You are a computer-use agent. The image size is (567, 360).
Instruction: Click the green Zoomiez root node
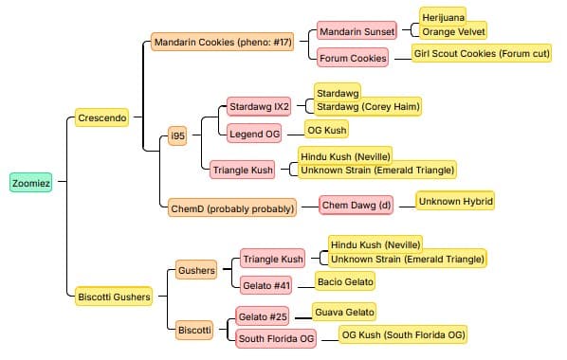tap(30, 183)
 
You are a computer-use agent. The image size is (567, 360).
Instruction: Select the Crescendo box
tap(102, 117)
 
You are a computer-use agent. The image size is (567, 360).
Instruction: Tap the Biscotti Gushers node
tap(114, 297)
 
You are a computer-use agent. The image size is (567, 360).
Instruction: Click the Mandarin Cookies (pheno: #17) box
tap(223, 42)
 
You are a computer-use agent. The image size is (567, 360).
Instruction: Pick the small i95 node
tap(177, 135)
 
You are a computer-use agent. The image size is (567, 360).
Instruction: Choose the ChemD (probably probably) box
tap(232, 207)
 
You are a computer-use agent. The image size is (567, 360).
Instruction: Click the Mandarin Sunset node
tap(357, 31)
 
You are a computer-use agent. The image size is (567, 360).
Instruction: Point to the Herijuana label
tap(443, 16)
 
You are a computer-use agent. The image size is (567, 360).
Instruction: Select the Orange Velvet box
tap(453, 31)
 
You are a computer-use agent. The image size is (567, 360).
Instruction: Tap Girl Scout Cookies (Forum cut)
tap(482, 53)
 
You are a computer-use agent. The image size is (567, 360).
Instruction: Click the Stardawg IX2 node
tap(259, 107)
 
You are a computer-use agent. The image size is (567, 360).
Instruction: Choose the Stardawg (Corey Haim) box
tap(368, 107)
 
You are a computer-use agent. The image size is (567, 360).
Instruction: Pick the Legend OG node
tap(254, 134)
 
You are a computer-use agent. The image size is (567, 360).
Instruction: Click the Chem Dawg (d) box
tap(357, 205)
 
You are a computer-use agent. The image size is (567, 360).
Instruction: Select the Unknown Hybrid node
tap(456, 201)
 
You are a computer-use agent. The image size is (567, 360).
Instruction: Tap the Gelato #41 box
tap(266, 285)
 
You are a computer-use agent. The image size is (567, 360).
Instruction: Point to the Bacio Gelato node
tap(345, 281)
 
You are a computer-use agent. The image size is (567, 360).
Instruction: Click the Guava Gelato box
tap(344, 312)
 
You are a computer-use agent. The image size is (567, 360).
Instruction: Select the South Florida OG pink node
tap(276, 338)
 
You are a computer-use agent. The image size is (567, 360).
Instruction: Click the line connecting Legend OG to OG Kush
tap(296, 135)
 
